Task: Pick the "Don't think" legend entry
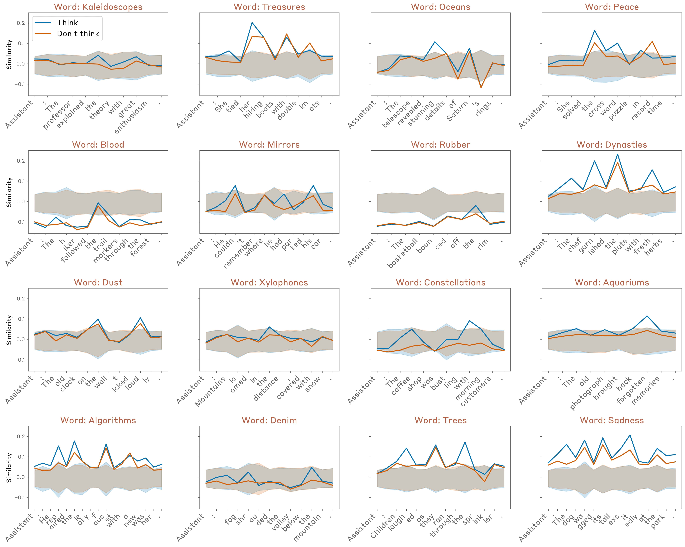click(x=78, y=34)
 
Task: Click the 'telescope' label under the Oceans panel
click(x=397, y=115)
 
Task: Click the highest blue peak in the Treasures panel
click(x=252, y=23)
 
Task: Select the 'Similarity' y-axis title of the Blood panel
click(x=9, y=192)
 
